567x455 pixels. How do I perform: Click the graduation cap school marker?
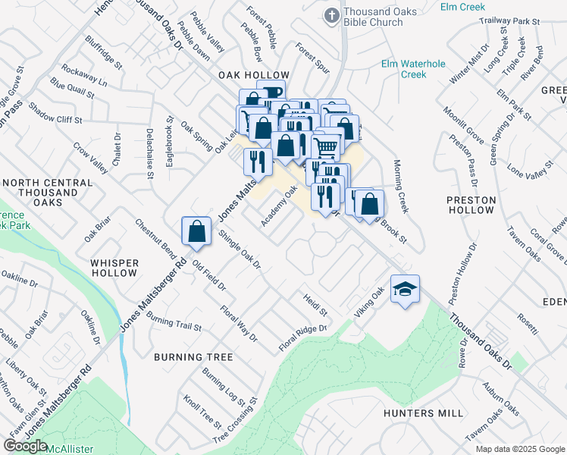(406, 290)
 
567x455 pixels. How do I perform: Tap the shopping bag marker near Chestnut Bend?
(196, 231)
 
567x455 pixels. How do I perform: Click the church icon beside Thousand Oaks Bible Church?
(331, 15)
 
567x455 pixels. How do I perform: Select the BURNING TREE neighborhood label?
(189, 356)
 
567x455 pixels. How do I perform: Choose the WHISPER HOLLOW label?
(114, 268)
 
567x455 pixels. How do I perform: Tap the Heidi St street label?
(315, 306)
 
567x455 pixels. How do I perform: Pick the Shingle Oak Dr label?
(240, 250)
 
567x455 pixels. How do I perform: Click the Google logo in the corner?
(25, 446)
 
